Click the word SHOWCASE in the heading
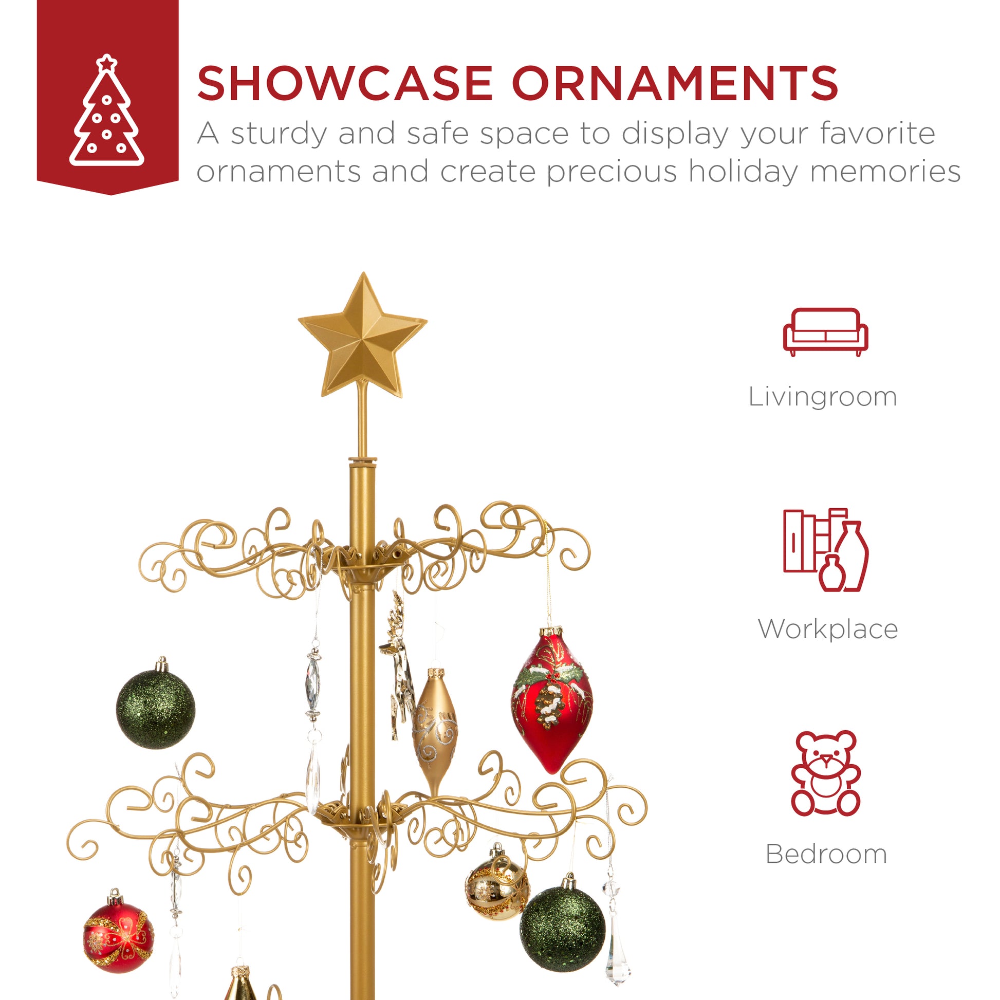click(345, 83)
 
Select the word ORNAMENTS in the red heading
click(674, 83)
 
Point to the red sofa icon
click(825, 332)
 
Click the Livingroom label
click(823, 397)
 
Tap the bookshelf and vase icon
click(826, 550)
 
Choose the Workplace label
click(827, 629)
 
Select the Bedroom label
click(826, 854)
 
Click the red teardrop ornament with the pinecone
click(551, 699)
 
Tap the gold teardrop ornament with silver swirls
click(434, 731)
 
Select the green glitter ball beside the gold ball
click(562, 928)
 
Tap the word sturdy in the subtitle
click(279, 134)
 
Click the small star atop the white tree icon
click(107, 63)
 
